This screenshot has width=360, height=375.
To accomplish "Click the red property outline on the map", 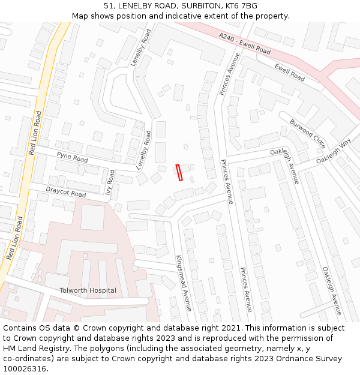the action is click(178, 172).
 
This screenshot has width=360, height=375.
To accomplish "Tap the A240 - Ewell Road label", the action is click(244, 44).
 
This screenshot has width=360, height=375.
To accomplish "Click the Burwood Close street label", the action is click(308, 133).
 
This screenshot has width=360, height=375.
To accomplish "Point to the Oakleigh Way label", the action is click(333, 153).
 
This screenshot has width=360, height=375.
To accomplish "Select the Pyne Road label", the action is click(72, 157).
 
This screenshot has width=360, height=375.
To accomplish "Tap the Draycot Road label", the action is click(66, 193).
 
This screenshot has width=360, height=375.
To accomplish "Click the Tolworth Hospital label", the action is click(88, 290).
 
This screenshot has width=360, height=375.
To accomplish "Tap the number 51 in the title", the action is click(108, 6).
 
